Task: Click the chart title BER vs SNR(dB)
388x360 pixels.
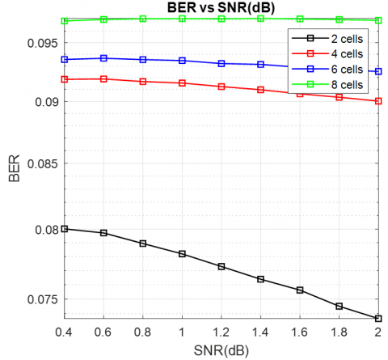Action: (221, 7)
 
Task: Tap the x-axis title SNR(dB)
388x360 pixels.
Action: (221, 351)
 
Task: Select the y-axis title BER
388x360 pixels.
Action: (14, 168)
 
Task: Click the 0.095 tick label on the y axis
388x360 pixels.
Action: (43, 43)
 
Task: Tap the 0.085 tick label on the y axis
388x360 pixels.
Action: (43, 163)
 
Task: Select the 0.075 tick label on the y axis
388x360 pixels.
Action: (43, 299)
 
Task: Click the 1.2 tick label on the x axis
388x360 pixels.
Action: (221, 332)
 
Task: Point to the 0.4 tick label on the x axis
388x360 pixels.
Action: (64, 332)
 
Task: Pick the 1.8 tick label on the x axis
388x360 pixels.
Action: (339, 332)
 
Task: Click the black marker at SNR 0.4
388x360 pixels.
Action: (65, 229)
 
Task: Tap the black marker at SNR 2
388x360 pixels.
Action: (378, 319)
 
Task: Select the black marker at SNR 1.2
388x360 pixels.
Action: (221, 267)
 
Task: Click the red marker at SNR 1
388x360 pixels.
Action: (182, 83)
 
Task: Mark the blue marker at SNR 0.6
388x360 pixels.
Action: (103, 58)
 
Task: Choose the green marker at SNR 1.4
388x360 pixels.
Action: (260, 19)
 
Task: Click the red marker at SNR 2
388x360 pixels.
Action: (378, 101)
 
